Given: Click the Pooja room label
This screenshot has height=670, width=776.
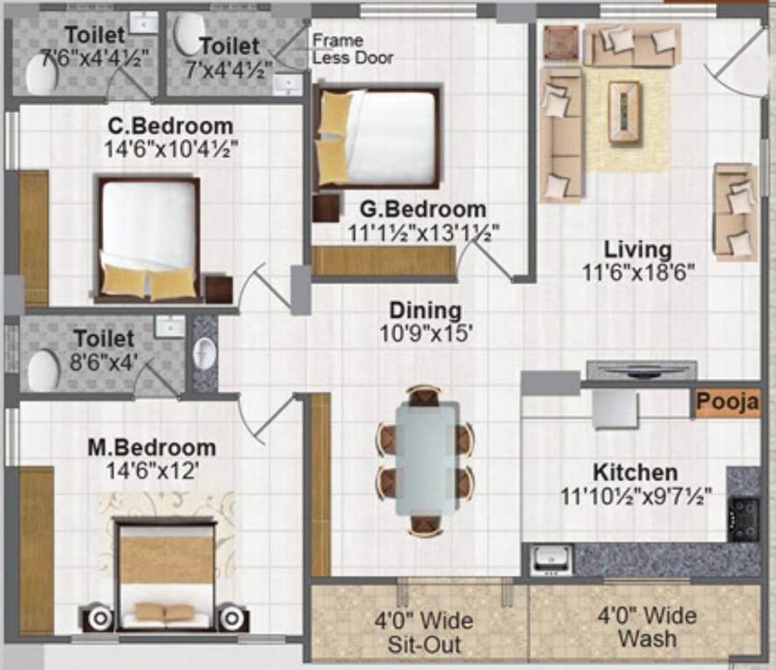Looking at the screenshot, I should coord(727,404).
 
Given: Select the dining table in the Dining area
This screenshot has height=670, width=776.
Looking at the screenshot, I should coord(425,458).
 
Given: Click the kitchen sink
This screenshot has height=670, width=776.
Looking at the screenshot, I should coord(552,559).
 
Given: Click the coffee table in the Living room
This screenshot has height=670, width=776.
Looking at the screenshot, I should coord(624,112).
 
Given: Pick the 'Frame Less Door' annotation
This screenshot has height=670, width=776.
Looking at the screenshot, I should coord(352,49).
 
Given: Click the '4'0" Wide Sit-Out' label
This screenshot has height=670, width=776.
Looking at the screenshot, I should coord(424,633).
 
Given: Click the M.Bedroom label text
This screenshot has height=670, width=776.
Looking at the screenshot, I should coord(152,448).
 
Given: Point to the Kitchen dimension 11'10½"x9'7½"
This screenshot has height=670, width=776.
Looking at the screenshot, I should coord(636,496).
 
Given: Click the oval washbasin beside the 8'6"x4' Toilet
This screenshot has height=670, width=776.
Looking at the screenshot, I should coord(204,353).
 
